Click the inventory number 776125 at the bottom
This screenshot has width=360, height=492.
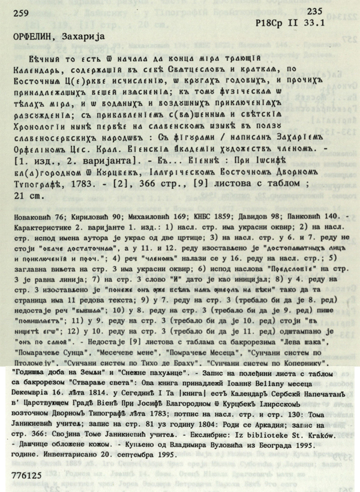pos(29,473)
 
